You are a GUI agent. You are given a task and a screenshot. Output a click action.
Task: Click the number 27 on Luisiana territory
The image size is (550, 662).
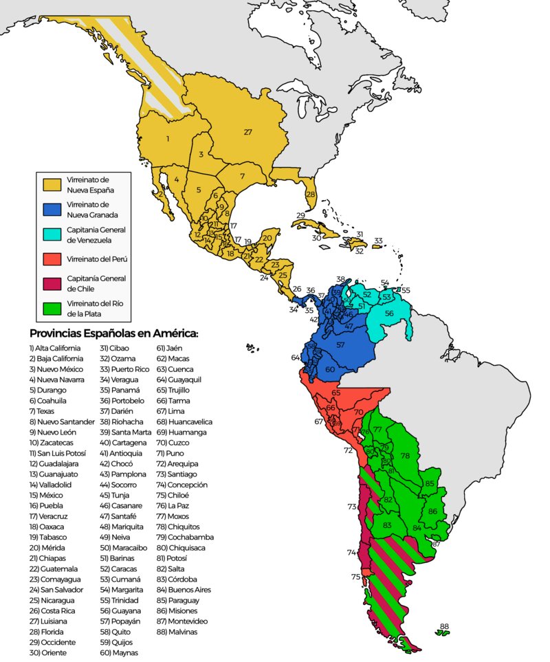tap(247, 132)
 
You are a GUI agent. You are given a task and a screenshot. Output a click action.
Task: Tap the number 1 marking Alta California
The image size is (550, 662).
tap(168, 139)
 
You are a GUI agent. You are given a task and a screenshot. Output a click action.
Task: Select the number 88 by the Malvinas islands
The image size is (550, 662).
tap(444, 626)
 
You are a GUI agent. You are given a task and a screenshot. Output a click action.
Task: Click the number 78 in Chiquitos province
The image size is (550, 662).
tap(405, 456)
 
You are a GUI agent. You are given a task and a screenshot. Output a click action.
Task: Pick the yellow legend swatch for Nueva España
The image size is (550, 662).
tap(52, 184)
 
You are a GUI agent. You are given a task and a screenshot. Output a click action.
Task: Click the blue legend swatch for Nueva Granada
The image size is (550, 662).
tap(52, 210)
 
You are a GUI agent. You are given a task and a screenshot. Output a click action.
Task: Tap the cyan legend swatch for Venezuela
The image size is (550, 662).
tap(52, 234)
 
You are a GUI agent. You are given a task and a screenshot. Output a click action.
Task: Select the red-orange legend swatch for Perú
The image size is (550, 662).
tap(52, 260)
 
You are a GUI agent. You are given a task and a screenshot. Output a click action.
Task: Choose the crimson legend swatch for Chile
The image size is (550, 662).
tap(52, 285)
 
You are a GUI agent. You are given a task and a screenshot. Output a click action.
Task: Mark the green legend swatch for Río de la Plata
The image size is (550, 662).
tap(52, 309)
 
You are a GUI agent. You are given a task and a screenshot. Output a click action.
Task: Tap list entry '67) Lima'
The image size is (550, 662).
tap(172, 410)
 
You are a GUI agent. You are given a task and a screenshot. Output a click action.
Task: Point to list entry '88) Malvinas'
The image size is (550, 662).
tap(177, 631)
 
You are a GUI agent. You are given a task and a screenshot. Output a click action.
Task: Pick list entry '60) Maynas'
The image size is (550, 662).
tap(119, 652)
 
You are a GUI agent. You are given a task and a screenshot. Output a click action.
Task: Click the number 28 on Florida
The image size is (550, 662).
tap(311, 195)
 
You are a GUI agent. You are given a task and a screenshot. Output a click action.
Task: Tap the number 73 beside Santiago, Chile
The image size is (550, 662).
tap(352, 507)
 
